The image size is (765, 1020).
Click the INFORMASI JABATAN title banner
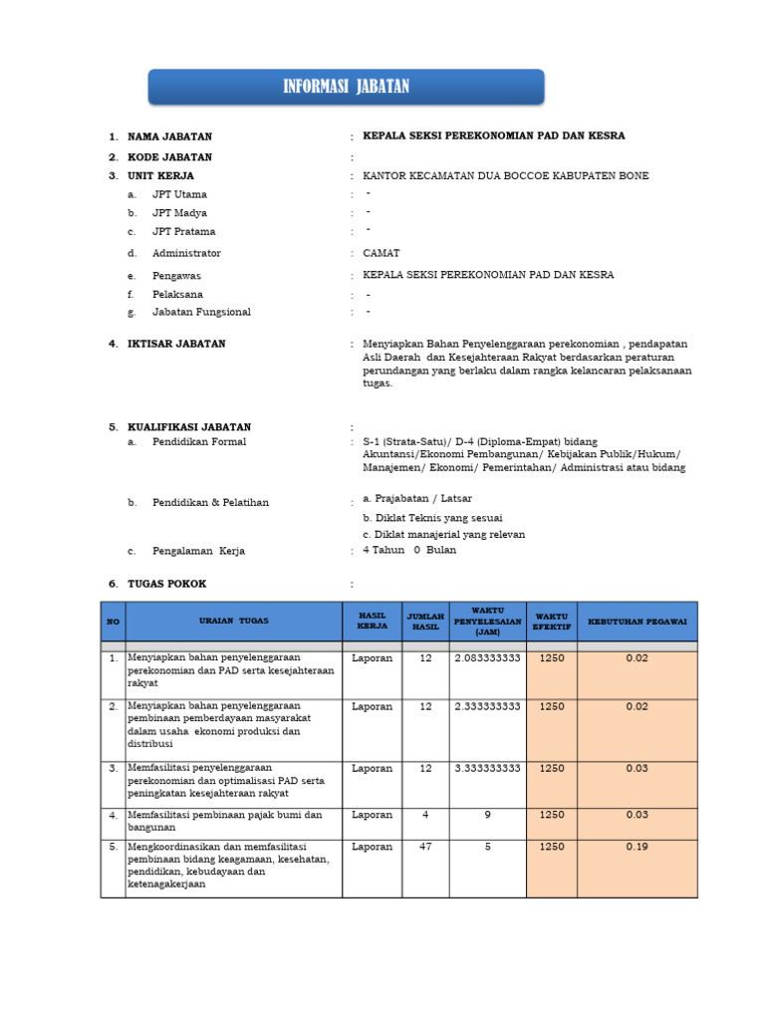346,87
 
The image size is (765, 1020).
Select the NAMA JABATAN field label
169,136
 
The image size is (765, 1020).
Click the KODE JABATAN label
169,157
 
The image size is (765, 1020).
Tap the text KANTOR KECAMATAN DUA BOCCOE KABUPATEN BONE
505,176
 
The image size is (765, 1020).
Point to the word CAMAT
382,254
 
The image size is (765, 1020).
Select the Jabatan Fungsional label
201,313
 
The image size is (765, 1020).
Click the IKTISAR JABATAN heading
176,344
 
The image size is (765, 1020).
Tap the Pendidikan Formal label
198,442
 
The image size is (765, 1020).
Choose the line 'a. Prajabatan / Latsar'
417,498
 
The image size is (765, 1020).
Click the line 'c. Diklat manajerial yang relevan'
443,534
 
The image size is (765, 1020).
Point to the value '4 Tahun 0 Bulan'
409,550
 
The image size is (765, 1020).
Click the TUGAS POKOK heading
166,584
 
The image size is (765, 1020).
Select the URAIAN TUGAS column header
233,621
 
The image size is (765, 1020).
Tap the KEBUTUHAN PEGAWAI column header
637,621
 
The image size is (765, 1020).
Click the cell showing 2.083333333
487,658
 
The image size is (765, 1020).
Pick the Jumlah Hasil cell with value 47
425,847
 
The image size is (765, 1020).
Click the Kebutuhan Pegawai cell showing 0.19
637,847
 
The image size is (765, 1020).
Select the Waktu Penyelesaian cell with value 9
487,815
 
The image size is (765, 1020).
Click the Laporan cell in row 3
372,768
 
